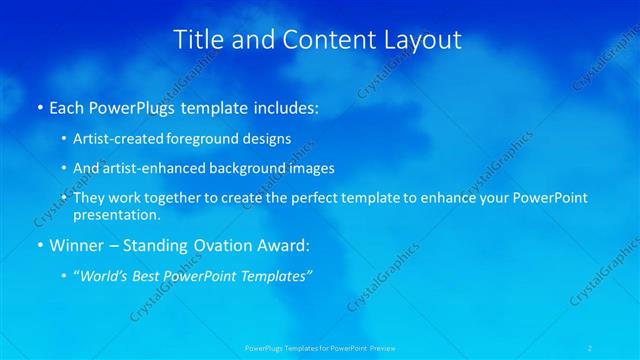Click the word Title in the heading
[198, 40]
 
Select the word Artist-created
[109, 139]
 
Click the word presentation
[115, 214]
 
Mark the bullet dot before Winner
[39, 245]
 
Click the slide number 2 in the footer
[592, 348]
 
